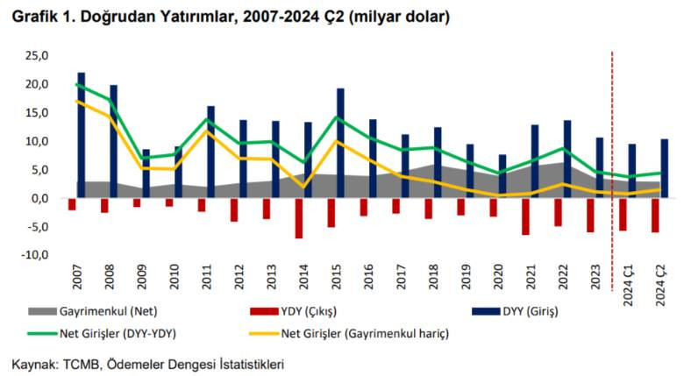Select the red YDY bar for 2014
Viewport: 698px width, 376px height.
(299, 217)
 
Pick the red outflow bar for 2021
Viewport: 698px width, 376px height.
(525, 216)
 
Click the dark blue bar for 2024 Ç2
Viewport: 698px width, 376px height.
(665, 168)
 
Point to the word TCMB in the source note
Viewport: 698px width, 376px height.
(81, 363)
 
